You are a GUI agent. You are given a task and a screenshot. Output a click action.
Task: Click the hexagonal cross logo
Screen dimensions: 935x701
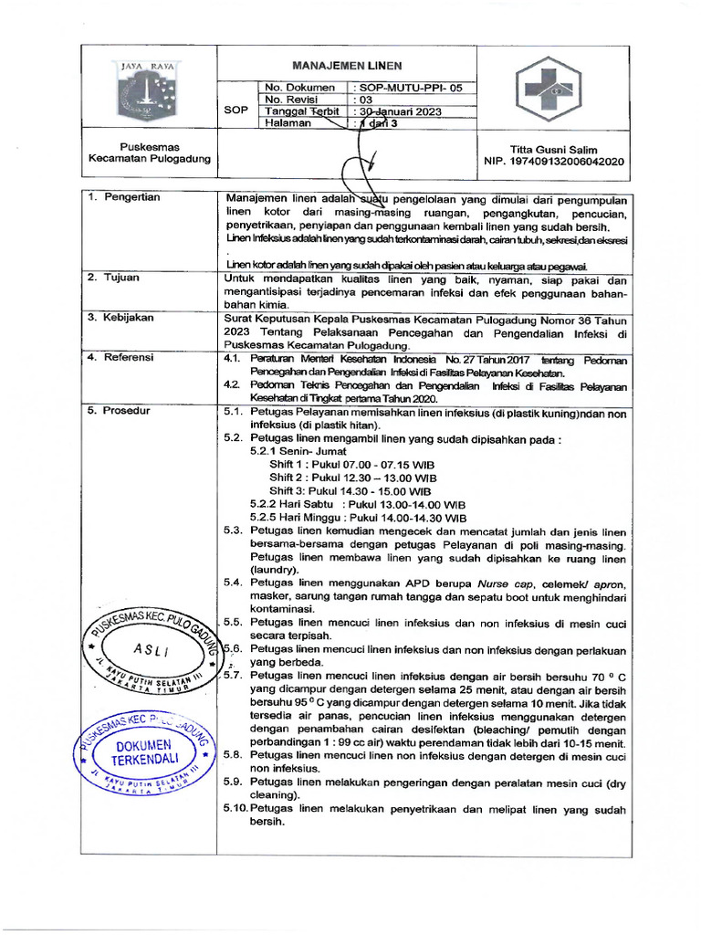tap(550, 89)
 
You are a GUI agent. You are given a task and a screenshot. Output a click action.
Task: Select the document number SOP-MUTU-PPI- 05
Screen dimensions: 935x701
tap(408, 88)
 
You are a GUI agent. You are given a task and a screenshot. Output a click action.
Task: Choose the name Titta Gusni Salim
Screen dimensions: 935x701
tap(553, 149)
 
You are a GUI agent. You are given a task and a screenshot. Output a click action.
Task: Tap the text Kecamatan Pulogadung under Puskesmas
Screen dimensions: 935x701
tap(149, 159)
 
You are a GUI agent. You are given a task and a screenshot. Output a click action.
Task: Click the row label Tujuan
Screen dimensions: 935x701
tap(120, 276)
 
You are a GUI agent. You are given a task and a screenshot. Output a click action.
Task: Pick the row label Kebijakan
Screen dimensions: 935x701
tap(128, 317)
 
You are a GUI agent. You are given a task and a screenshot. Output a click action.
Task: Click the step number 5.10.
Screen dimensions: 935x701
tap(235, 808)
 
